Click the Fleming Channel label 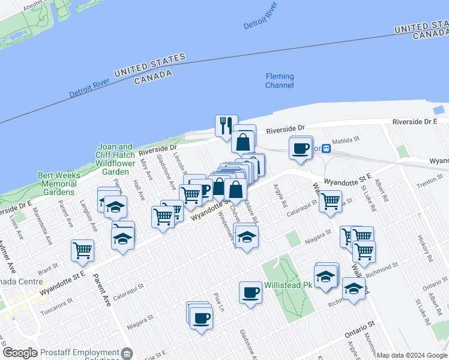[x=280, y=80]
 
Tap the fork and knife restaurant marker [x=226, y=126]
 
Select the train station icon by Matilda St [x=325, y=148]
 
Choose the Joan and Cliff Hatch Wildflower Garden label [x=115, y=159]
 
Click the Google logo [x=20, y=353]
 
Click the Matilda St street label [x=346, y=140]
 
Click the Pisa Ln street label [x=218, y=304]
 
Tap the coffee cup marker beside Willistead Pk [x=250, y=293]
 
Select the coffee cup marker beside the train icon [x=300, y=148]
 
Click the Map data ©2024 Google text [x=412, y=355]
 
